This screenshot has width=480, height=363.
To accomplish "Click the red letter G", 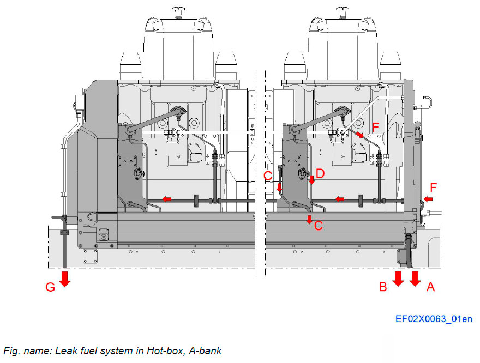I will (x=50, y=287).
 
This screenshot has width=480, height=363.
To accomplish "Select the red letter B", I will (x=383, y=287).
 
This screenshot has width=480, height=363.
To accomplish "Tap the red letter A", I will (x=430, y=287).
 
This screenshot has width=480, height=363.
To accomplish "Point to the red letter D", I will (x=320, y=174).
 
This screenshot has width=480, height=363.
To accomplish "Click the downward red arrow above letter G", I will (x=65, y=278).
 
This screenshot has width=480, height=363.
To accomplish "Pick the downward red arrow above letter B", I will (x=398, y=278).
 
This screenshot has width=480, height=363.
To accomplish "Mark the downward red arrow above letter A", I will (x=415, y=278).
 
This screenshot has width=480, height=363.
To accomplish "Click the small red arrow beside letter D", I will (x=311, y=180).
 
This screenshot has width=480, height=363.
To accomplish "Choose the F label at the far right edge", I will (x=433, y=187).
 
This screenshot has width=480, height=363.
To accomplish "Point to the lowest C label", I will (x=319, y=225).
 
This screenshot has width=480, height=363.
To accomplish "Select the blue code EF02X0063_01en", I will (x=434, y=319).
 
